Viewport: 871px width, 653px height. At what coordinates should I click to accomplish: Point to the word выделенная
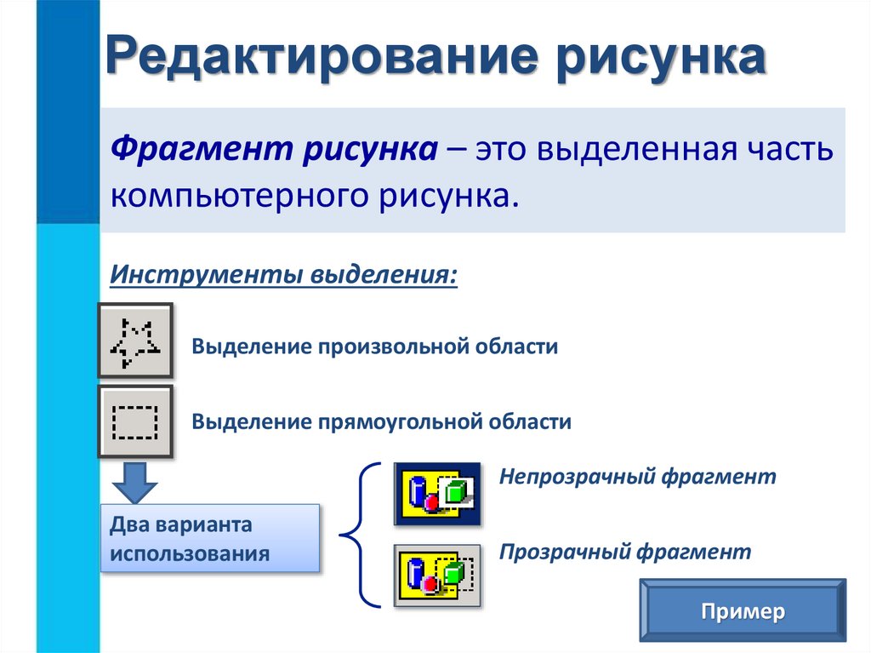637,148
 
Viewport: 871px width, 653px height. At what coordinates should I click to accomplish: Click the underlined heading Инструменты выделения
283,277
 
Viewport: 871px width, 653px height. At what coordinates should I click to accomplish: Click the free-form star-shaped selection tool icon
136,341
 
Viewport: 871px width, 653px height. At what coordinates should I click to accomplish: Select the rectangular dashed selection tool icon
136,421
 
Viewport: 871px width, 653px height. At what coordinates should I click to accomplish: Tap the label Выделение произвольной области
374,347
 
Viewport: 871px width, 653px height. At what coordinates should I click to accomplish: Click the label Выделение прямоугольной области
381,421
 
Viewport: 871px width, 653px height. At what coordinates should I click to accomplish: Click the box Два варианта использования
210,537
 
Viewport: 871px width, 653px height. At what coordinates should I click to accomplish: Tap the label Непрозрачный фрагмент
638,476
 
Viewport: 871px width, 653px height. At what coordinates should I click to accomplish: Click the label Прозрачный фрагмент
625,552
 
